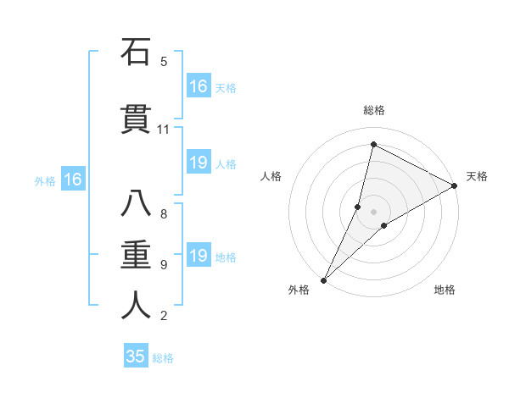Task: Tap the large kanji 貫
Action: point(136,119)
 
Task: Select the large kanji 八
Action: point(136,205)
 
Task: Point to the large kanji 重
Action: point(136,255)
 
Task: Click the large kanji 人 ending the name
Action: point(136,306)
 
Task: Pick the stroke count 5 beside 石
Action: point(164,62)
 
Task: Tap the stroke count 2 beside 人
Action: point(164,316)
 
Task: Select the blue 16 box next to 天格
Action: point(199,86)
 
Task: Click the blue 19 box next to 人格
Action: point(199,163)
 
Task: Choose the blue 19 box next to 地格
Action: point(199,256)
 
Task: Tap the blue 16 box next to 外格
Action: point(73,180)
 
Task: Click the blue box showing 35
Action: point(136,357)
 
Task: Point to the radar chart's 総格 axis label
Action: point(373,110)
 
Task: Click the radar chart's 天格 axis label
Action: point(477,176)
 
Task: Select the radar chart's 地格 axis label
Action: point(445,290)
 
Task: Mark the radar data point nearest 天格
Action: point(455,185)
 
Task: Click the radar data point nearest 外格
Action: point(323,280)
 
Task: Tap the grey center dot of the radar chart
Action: point(373,212)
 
